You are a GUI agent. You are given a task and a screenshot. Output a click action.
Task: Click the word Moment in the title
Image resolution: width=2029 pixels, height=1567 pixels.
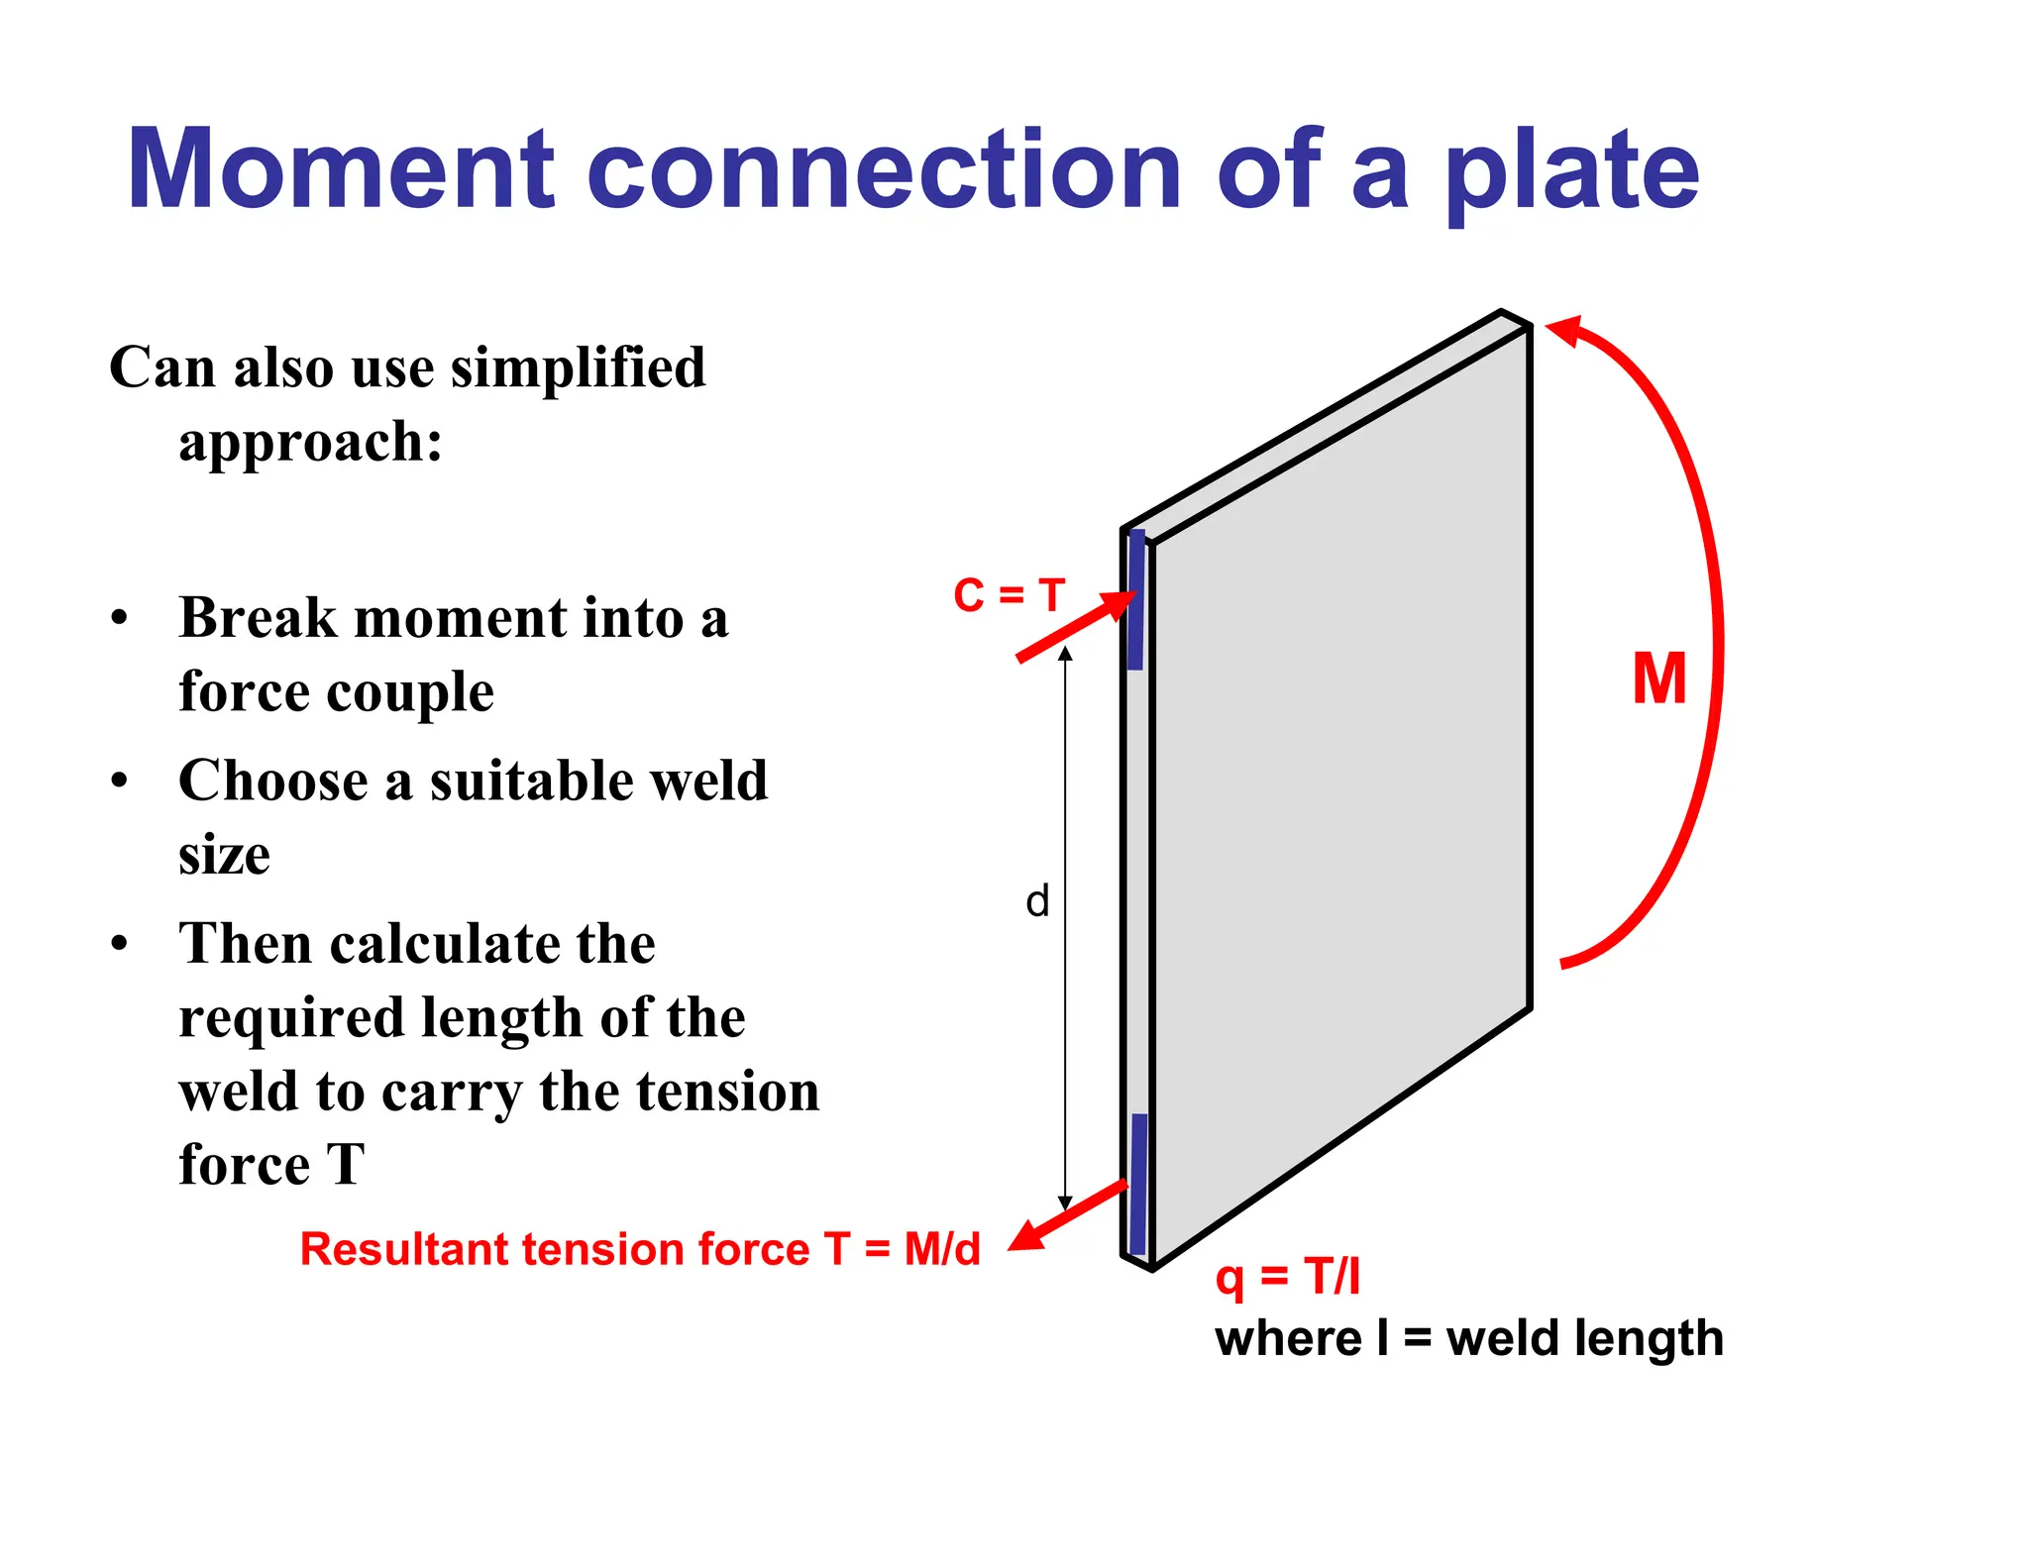[x=341, y=170]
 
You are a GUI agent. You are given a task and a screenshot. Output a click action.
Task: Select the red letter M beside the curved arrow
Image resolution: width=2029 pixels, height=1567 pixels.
[x=1658, y=679]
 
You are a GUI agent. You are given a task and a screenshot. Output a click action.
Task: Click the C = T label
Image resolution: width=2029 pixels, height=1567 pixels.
[x=1009, y=595]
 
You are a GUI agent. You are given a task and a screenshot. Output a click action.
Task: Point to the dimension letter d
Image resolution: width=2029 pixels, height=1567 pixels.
[x=1036, y=901]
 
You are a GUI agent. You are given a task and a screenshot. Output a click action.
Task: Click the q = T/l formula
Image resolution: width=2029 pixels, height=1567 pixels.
[x=1287, y=1276]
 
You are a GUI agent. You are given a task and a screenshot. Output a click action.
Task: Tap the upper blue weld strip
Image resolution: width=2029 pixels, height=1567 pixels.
[x=1136, y=600]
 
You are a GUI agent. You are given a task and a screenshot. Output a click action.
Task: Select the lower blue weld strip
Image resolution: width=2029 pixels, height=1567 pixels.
[x=1138, y=1183]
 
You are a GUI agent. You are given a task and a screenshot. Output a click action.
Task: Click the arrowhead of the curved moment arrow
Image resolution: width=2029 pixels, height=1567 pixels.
[x=1565, y=331]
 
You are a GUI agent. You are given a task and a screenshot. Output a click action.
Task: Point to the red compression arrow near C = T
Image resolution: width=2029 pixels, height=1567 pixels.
[x=1076, y=626]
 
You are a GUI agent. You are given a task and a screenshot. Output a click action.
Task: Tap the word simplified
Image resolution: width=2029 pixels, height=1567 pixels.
[x=578, y=367]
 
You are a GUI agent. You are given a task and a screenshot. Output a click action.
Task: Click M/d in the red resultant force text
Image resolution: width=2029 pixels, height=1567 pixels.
[x=941, y=1249]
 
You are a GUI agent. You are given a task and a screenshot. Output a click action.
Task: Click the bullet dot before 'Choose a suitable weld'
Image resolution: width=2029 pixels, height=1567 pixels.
[x=120, y=781]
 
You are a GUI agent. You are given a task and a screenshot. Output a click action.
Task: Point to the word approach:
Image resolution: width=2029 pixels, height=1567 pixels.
[x=310, y=442]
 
